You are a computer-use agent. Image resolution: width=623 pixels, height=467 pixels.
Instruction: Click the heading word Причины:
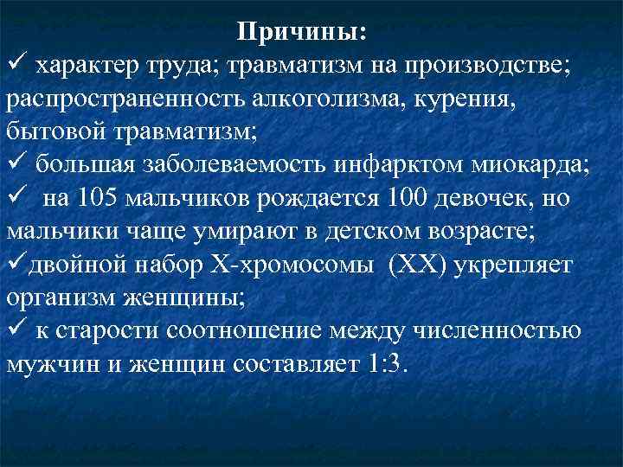(302, 32)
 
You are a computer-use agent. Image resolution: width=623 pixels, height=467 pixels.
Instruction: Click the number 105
(100, 198)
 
